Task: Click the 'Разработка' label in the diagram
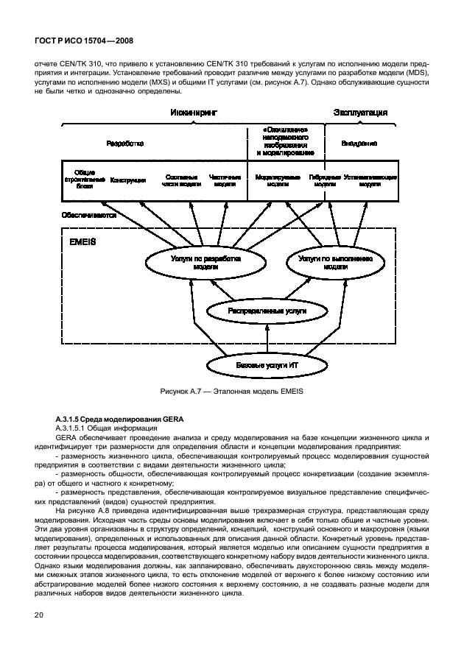[122, 144]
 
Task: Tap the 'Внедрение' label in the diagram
[359, 144]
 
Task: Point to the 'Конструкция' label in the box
[127, 180]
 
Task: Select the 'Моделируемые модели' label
[277, 180]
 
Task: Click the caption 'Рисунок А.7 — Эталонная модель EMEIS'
[233, 392]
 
